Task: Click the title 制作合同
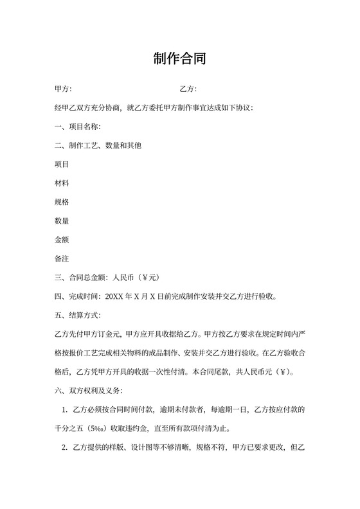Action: (179, 60)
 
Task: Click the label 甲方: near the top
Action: (64, 89)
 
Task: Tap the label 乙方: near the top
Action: (188, 89)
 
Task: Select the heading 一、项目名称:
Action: (78, 127)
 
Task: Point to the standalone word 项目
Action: (62, 165)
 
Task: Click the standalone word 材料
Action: (62, 183)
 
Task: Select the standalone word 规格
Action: (62, 202)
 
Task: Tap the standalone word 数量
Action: (62, 221)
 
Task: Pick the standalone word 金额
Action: (62, 240)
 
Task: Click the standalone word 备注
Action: (62, 259)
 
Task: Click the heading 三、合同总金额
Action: (82, 278)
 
